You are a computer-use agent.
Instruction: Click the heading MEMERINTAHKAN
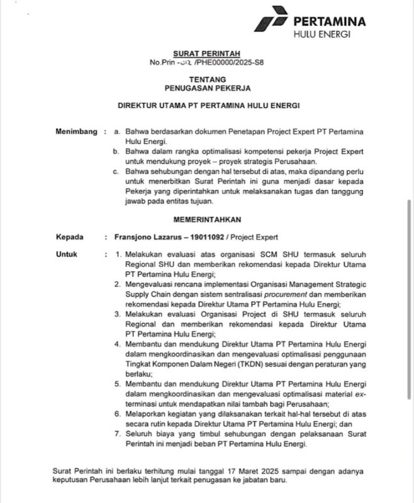coord(208,219)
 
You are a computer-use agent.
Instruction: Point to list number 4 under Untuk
coord(118,345)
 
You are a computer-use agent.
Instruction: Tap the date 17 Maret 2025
coord(243,471)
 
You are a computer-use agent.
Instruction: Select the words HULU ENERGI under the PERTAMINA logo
coord(322,34)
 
